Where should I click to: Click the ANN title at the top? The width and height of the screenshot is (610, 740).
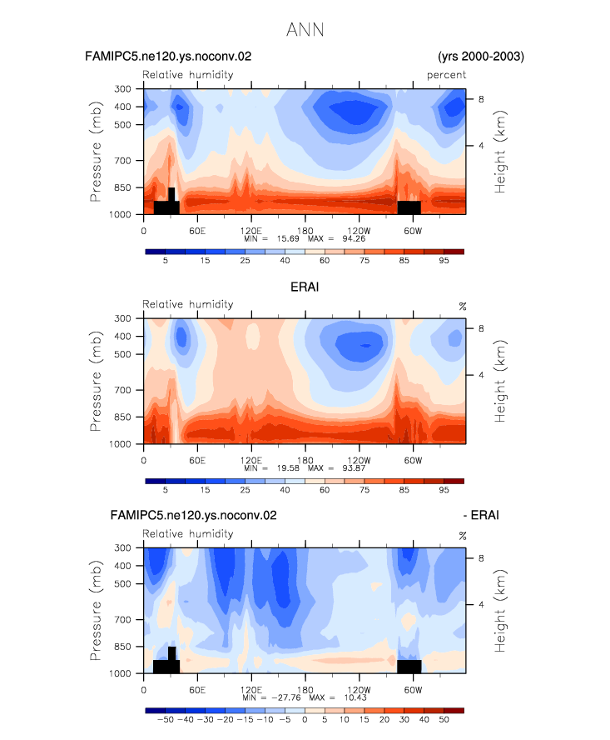click(305, 30)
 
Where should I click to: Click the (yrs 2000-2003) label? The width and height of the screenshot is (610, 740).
click(481, 57)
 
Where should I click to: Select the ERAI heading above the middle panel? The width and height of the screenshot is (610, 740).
click(305, 287)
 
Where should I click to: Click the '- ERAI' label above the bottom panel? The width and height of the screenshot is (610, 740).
click(481, 515)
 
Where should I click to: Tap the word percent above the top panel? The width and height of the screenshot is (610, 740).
click(446, 75)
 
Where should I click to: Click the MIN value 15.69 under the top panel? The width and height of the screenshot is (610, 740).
click(288, 239)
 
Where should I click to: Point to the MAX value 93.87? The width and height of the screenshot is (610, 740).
click(354, 468)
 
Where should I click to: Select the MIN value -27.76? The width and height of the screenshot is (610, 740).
click(285, 697)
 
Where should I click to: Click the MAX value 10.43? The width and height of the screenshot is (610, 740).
click(355, 697)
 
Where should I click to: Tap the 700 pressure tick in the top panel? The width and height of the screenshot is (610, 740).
click(122, 161)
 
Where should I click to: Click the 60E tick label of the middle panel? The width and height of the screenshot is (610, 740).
click(197, 460)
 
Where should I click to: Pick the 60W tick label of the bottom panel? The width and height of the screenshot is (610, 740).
click(413, 690)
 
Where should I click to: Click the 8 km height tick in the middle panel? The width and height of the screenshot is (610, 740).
click(481, 328)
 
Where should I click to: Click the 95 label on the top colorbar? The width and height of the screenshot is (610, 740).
click(444, 261)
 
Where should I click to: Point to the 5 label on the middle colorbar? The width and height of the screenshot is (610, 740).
click(166, 490)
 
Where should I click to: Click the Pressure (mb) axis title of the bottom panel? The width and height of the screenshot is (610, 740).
click(96, 610)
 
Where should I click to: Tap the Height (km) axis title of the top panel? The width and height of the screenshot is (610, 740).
click(499, 152)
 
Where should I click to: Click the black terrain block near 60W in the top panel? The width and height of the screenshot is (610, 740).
click(409, 207)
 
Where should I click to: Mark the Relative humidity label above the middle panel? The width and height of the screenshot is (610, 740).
click(187, 304)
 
